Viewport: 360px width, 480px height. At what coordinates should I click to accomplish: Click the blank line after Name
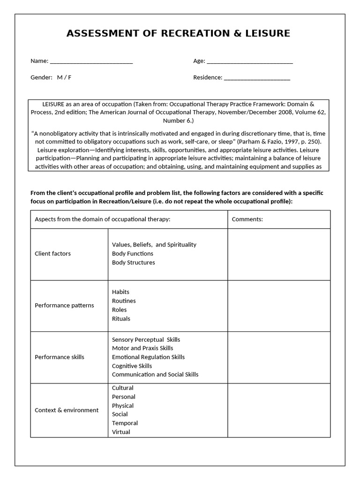91,61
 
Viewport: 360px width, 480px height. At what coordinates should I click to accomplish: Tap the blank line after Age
249,61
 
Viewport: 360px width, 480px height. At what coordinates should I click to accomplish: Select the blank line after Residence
257,78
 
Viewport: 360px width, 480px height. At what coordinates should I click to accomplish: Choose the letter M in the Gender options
60,77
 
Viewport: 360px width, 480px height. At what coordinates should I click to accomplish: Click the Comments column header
247,219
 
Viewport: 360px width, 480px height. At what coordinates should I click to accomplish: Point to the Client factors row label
52,254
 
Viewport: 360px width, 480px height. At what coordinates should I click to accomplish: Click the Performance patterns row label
64,305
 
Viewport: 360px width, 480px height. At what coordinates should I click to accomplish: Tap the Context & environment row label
67,410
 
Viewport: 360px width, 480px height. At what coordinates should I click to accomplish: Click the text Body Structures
133,262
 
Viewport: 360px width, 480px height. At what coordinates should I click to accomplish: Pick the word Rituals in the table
121,319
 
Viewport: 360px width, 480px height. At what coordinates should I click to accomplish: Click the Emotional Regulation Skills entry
148,357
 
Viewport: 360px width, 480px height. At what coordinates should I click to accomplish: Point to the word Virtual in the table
121,432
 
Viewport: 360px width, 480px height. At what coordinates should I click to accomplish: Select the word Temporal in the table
125,423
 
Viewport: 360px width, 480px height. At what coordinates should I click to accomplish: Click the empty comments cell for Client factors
279,254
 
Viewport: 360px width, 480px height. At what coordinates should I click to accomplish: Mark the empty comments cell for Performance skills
279,357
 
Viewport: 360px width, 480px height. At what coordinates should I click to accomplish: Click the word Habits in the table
120,292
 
